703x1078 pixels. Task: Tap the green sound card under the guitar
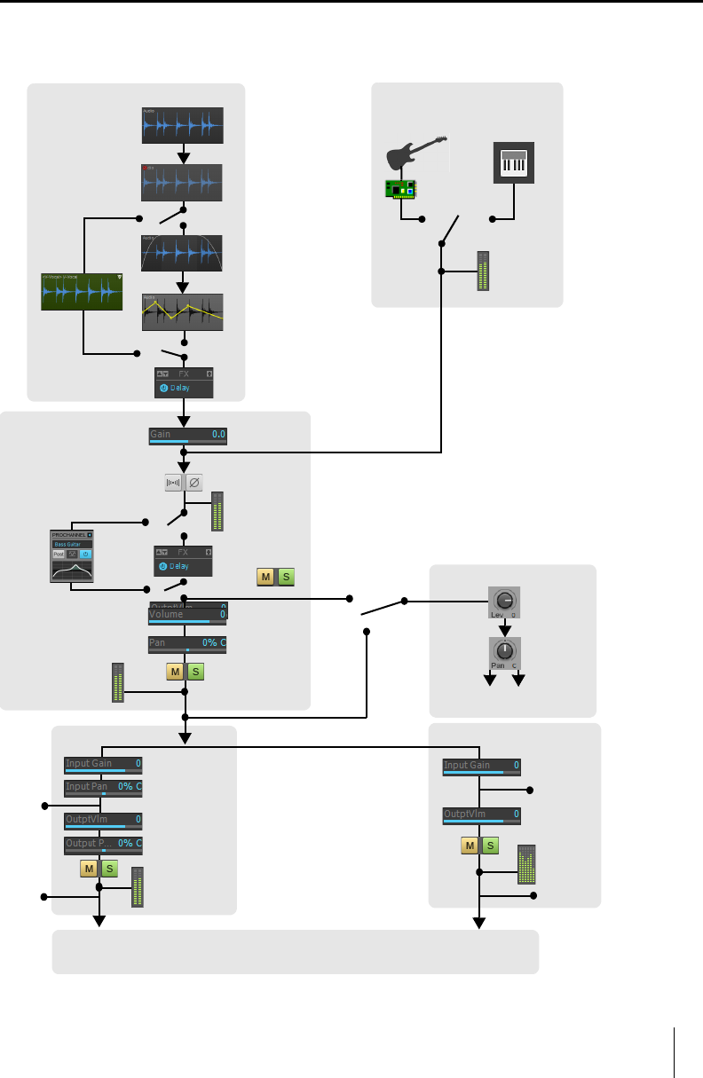pyautogui.click(x=400, y=188)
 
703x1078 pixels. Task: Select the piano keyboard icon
pyautogui.click(x=514, y=163)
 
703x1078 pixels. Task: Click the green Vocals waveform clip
pyautogui.click(x=82, y=292)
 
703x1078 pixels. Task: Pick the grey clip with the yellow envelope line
pyautogui.click(x=183, y=312)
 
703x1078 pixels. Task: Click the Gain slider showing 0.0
pyautogui.click(x=187, y=435)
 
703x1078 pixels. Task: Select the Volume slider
pyautogui.click(x=187, y=615)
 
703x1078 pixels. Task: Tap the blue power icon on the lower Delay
pyautogui.click(x=163, y=566)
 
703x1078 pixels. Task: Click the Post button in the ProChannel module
pyautogui.click(x=59, y=553)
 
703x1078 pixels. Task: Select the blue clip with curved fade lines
pyautogui.click(x=183, y=252)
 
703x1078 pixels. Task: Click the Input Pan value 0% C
pyautogui.click(x=130, y=786)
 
